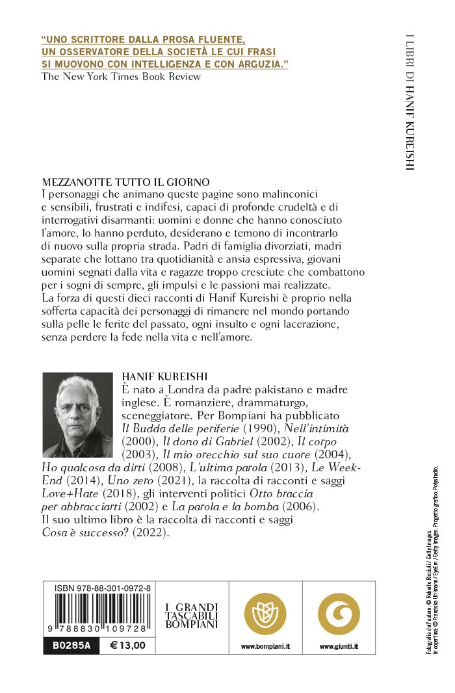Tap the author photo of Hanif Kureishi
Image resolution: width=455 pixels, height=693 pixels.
[77, 415]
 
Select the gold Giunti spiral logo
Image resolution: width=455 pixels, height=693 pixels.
[339, 614]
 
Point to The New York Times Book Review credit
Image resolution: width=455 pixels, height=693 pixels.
[121, 77]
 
